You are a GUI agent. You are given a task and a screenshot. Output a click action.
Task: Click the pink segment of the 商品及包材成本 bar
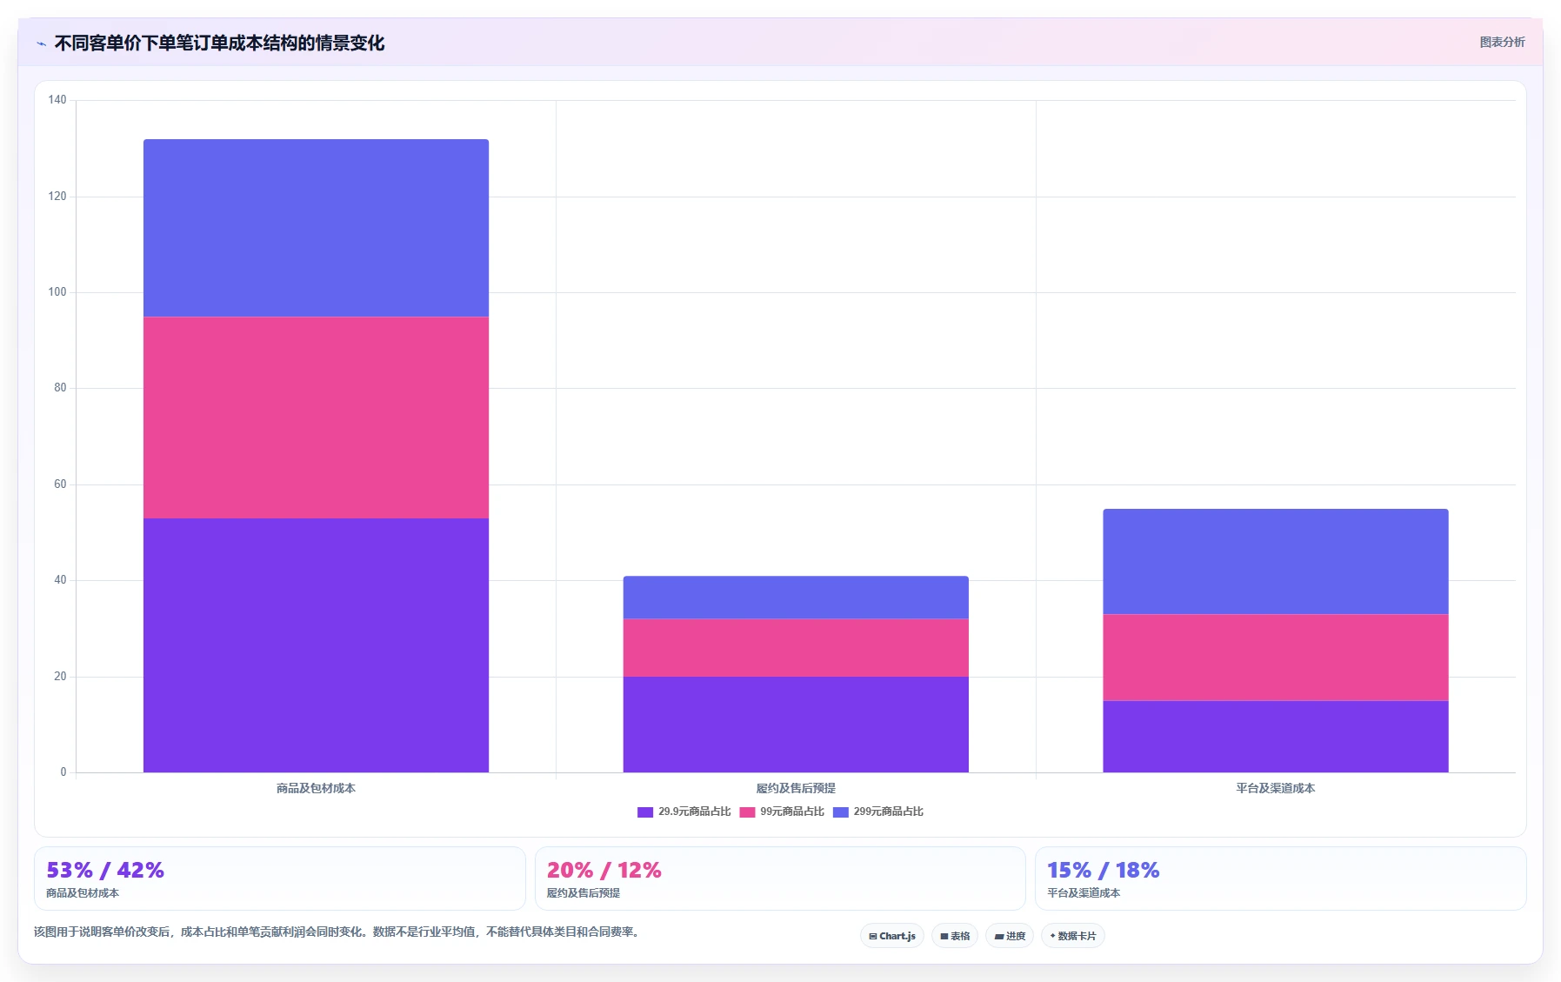point(316,418)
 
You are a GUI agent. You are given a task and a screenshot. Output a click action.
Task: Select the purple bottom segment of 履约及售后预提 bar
point(796,725)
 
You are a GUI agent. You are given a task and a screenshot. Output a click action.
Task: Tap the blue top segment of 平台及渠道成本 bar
point(1276,562)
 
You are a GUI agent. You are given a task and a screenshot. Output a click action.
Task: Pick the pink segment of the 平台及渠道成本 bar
point(1276,658)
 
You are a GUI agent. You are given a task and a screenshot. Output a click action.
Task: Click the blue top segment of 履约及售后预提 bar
point(796,598)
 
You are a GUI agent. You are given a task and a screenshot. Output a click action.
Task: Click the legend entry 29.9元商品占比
point(684,812)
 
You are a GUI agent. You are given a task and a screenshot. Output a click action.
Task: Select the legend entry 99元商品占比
point(782,812)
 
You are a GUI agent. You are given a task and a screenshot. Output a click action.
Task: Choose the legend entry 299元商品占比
point(878,812)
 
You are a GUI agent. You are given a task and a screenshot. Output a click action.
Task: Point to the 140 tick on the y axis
point(57,100)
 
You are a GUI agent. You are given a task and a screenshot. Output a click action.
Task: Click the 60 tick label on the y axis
point(60,484)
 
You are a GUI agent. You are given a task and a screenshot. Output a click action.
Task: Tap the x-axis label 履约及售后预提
point(796,788)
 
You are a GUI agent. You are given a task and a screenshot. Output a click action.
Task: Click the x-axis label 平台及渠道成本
point(1276,788)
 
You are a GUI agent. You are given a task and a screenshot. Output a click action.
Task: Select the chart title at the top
point(219,43)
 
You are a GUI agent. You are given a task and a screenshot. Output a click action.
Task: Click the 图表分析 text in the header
point(1502,42)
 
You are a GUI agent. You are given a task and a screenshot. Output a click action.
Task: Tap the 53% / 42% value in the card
point(105,870)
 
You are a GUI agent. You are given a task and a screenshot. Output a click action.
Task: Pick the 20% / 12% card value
point(604,870)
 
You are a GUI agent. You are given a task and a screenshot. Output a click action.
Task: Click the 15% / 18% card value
point(1104,870)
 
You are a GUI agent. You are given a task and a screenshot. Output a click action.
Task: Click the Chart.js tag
point(892,936)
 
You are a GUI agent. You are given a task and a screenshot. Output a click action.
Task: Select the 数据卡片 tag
point(1073,936)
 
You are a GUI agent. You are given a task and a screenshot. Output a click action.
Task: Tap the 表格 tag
point(955,936)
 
